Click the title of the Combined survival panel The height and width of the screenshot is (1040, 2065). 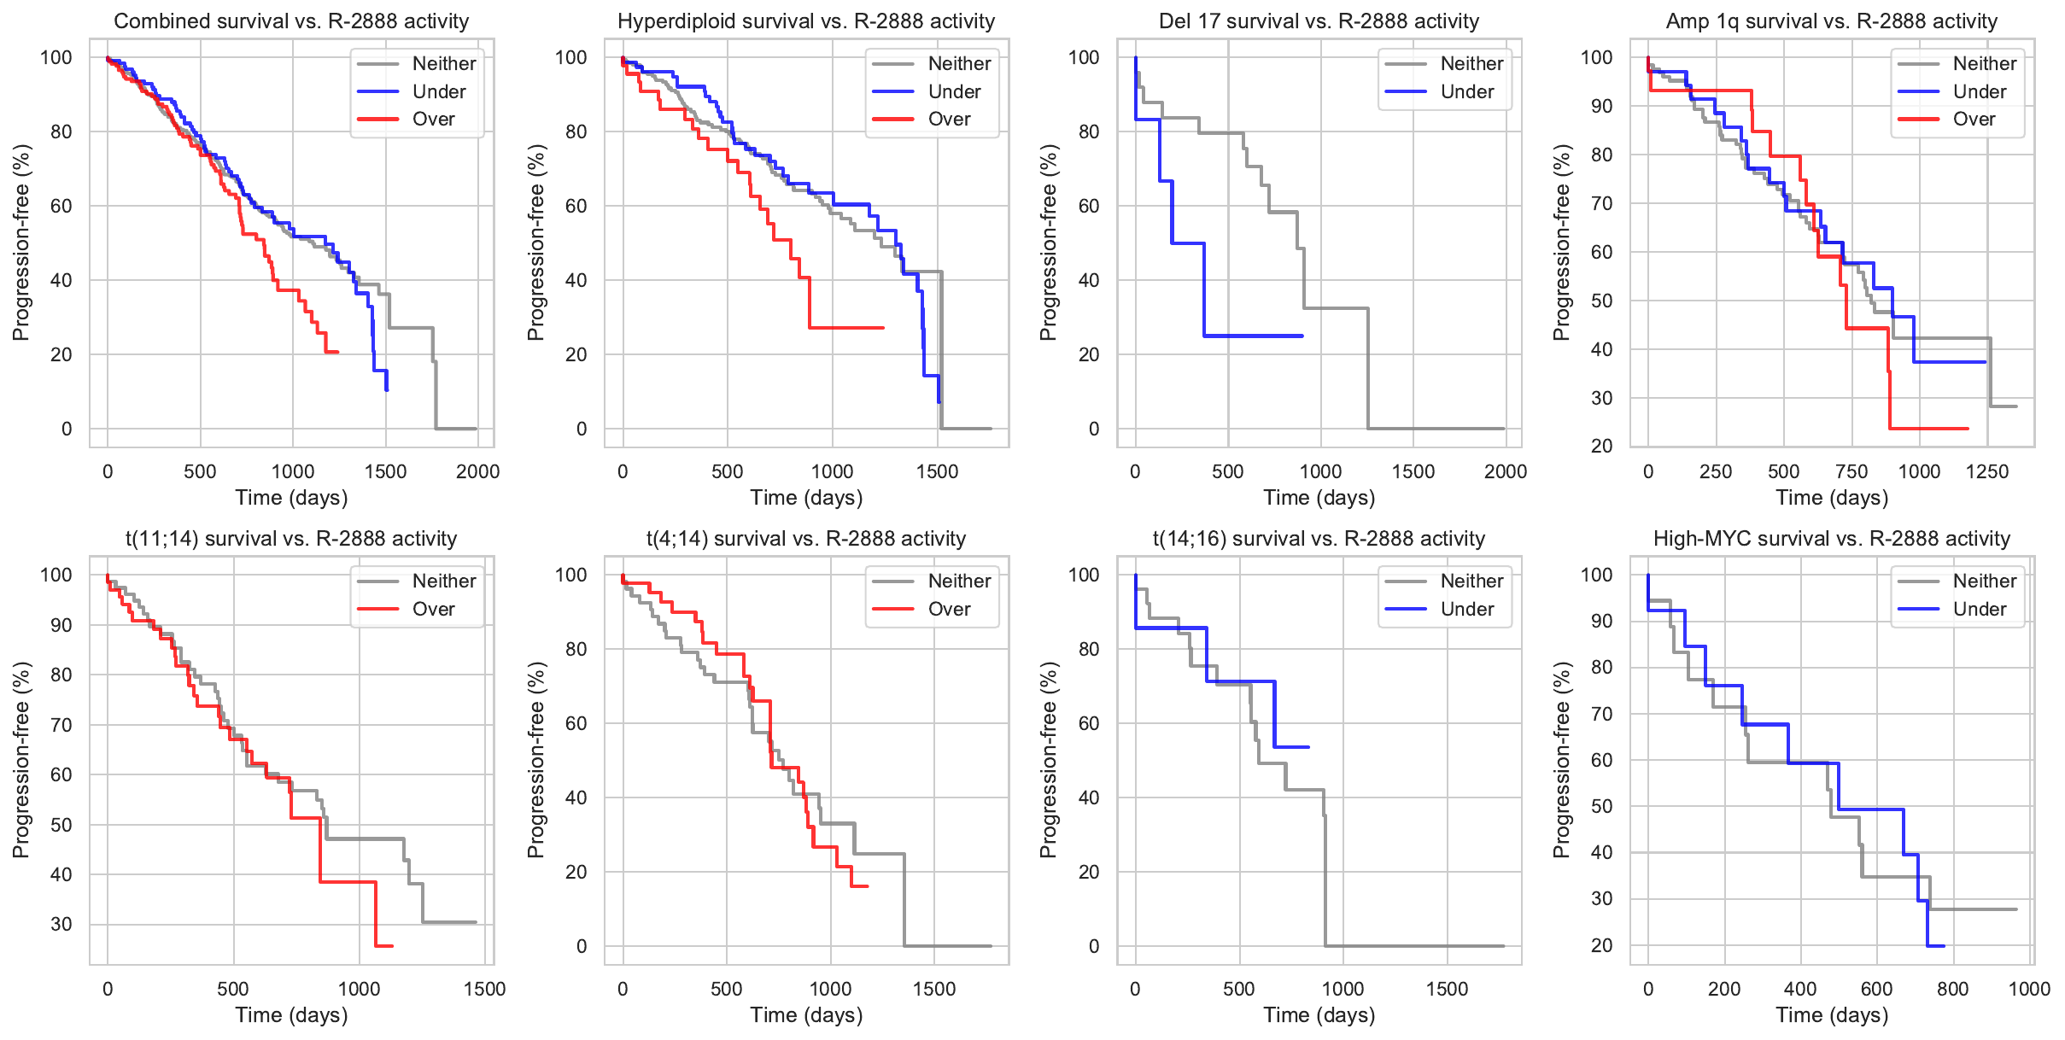pos(291,21)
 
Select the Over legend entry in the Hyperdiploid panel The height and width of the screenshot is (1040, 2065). pos(948,120)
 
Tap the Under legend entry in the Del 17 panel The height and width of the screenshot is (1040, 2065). pos(1466,92)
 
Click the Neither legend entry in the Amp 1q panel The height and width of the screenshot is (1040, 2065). pos(1984,64)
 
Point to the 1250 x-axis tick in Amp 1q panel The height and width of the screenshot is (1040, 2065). pos(1987,472)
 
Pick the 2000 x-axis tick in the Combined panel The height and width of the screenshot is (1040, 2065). pos(477,472)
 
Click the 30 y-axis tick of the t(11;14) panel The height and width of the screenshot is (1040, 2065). pos(61,924)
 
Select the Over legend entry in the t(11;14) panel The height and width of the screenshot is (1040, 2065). pos(433,610)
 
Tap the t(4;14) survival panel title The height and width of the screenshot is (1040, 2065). pos(805,539)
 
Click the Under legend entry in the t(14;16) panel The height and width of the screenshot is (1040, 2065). pos(1466,610)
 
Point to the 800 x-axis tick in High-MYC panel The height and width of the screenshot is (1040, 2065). pos(1953,990)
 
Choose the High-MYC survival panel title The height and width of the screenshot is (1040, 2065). pos(1831,539)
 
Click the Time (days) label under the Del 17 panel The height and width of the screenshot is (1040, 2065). pos(1319,498)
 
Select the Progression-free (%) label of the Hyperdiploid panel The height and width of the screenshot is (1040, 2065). pos(535,242)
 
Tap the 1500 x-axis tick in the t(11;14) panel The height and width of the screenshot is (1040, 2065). pos(484,990)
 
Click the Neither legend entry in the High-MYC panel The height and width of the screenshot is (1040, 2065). pos(1984,581)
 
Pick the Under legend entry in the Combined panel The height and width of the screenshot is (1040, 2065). pos(438,92)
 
